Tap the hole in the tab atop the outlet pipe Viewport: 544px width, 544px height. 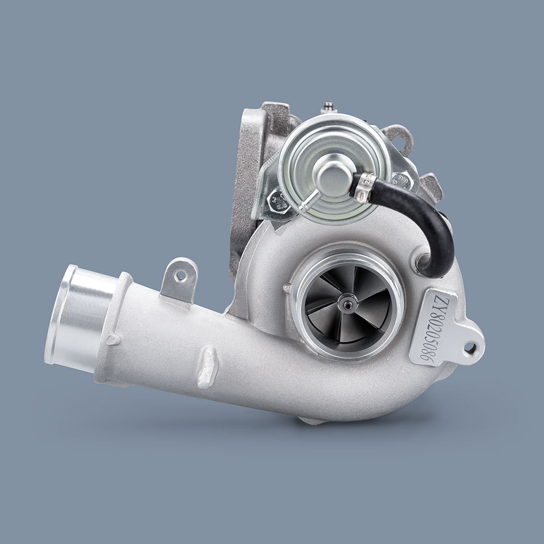[x=181, y=276]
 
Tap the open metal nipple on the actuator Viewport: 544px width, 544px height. [x=307, y=205]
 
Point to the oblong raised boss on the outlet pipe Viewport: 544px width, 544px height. [x=207, y=367]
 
